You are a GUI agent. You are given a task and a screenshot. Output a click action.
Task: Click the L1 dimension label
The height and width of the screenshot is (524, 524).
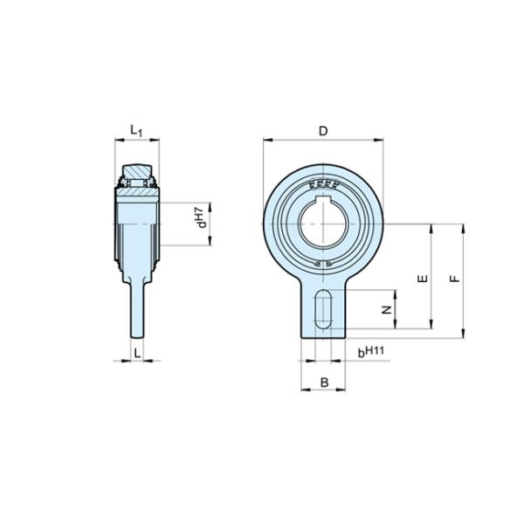[x=135, y=131]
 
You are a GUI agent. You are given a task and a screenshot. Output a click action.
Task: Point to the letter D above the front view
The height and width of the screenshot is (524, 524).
[x=322, y=130]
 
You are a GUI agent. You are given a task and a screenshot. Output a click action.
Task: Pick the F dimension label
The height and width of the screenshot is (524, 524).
[x=452, y=279]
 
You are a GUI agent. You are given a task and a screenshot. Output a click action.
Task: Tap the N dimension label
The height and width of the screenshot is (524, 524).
[x=386, y=310]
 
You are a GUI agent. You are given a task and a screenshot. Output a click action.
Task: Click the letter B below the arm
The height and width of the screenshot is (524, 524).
[x=324, y=382]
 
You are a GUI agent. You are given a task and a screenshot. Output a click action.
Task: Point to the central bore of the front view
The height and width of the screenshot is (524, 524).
[x=323, y=224]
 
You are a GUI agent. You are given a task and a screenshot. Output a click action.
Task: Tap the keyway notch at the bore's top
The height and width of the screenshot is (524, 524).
[x=323, y=203]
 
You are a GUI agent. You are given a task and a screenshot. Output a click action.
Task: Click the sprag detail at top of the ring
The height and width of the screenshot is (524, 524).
[x=323, y=183]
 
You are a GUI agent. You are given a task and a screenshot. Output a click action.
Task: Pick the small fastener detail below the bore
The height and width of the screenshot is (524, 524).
[x=323, y=265]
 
